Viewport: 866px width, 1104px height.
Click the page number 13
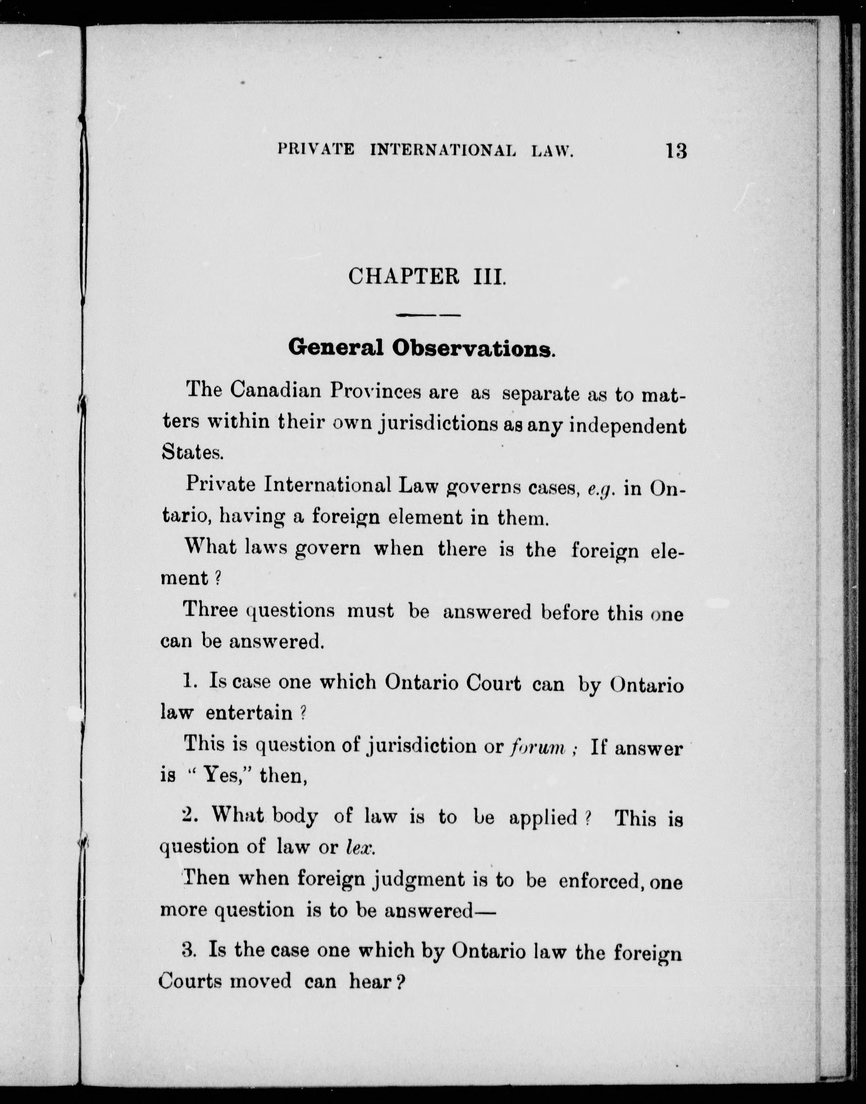tap(676, 151)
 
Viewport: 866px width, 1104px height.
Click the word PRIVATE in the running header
tap(316, 150)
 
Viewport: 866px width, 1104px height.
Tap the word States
tap(192, 452)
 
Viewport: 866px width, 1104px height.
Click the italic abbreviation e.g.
tap(600, 489)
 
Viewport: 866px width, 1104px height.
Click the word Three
tap(210, 610)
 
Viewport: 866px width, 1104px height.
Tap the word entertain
tap(249, 713)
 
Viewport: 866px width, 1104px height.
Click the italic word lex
tap(360, 847)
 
